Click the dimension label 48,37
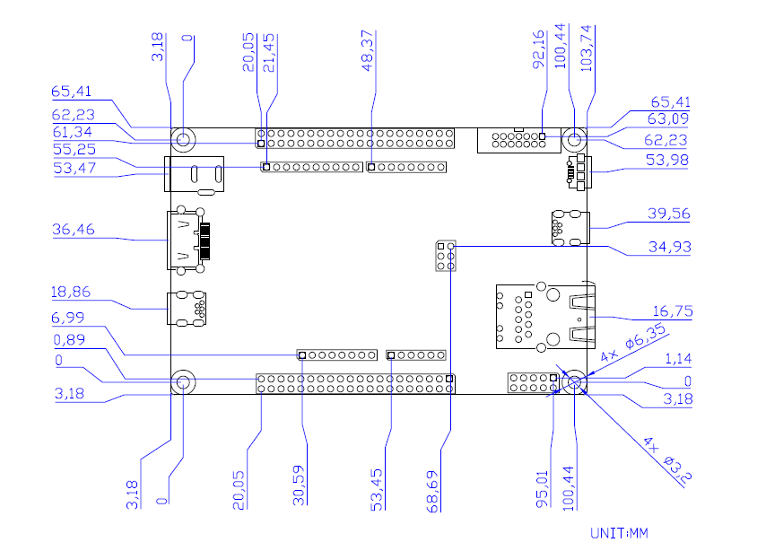tap(368, 51)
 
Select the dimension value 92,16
tap(538, 49)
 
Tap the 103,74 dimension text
tap(586, 48)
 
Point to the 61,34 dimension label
tap(73, 132)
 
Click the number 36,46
tap(74, 229)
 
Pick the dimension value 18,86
tap(71, 292)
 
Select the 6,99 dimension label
tap(68, 318)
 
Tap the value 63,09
tap(668, 118)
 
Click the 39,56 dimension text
tap(668, 214)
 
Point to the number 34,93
tap(670, 248)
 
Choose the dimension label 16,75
tap(673, 311)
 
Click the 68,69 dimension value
tap(432, 492)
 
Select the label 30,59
tap(300, 485)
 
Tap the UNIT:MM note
tap(620, 533)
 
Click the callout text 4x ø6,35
tap(633, 344)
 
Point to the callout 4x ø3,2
tap(667, 460)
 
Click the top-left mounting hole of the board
tap(184, 140)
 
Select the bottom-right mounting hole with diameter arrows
tap(575, 382)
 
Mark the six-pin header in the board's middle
tap(446, 256)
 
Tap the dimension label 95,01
tap(543, 489)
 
